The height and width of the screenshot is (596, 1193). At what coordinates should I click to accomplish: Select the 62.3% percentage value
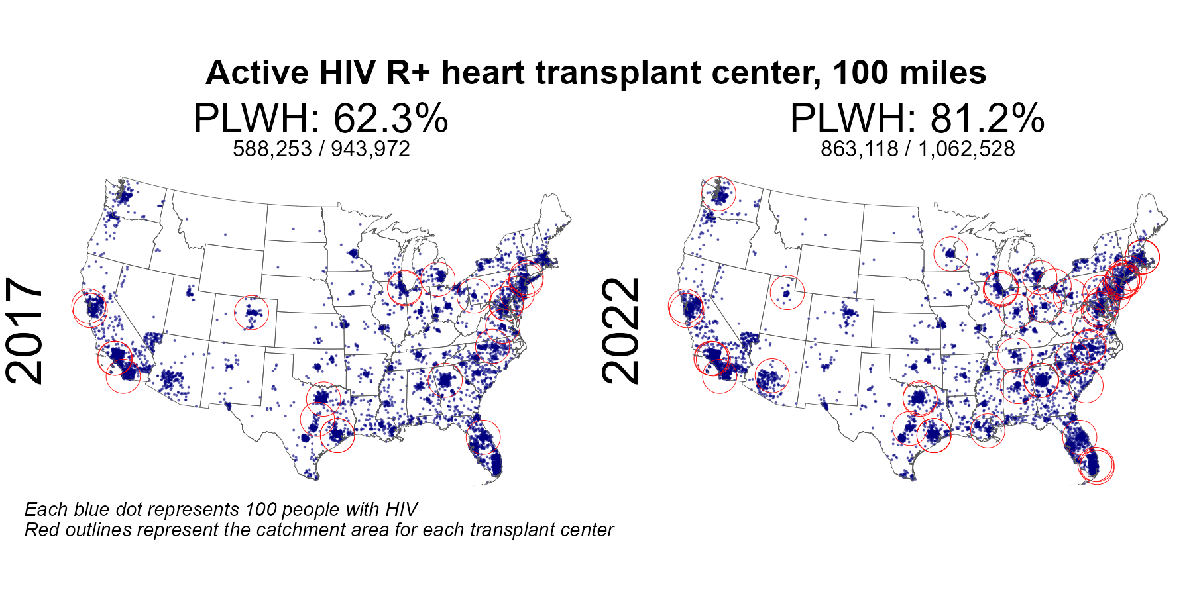(x=390, y=119)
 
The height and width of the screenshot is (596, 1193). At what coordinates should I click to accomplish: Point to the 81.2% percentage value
(x=987, y=119)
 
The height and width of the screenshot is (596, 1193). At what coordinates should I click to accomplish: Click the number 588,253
(x=272, y=149)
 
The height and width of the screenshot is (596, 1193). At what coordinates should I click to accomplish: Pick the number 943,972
(x=370, y=149)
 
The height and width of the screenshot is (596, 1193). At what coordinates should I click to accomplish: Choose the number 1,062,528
(x=966, y=149)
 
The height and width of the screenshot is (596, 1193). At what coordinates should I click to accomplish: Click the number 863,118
(x=860, y=149)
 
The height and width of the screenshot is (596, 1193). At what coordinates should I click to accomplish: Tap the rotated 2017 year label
(x=25, y=331)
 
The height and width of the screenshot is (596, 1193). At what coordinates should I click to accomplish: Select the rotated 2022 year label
(x=622, y=331)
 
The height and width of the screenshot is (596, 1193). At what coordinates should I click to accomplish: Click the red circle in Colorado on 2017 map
(x=251, y=313)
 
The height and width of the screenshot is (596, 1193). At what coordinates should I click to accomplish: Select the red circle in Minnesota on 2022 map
(x=950, y=253)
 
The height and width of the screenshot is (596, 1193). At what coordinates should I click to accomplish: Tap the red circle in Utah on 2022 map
(x=787, y=293)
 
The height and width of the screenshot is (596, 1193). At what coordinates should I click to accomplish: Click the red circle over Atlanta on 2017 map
(x=445, y=379)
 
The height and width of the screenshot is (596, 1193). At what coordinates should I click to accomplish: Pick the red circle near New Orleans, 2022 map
(x=988, y=430)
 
